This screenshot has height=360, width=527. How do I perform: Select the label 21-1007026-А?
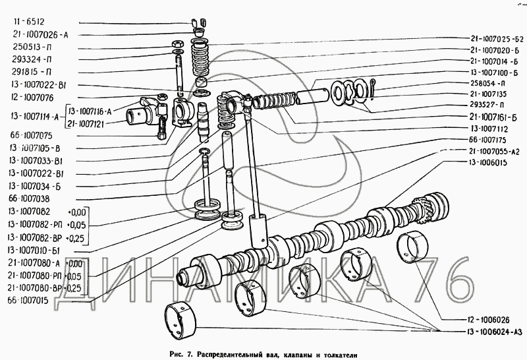coord(40,35)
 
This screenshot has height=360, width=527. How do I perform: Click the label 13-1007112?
coord(484,129)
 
